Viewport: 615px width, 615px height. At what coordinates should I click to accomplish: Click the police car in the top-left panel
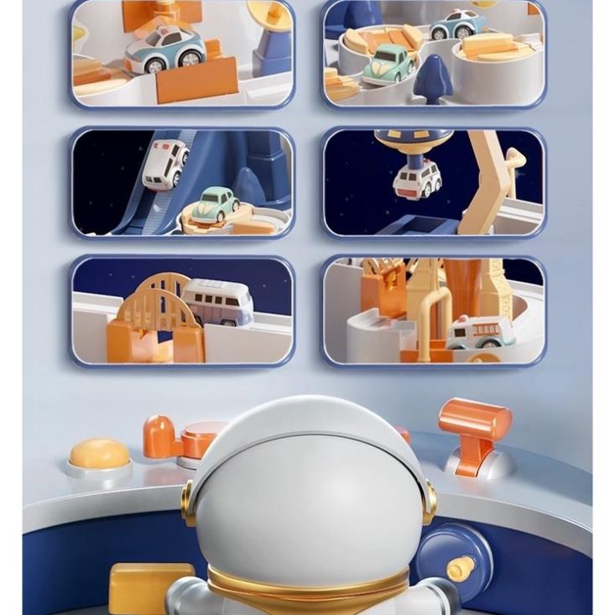[x=165, y=48]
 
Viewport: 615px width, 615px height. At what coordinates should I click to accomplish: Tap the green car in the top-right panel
[x=388, y=64]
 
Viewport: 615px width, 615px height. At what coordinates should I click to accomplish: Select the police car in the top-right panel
[x=458, y=25]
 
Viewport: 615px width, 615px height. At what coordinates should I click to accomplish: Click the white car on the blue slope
[x=165, y=164]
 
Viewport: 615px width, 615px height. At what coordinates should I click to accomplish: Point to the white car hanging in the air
[x=417, y=179]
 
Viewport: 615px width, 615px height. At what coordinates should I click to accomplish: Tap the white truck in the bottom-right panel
[x=480, y=331]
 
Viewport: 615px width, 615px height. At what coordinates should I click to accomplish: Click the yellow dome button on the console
[x=99, y=454]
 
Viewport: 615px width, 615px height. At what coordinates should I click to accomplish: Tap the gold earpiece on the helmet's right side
[x=430, y=502]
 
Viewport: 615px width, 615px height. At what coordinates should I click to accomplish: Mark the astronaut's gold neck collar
[x=307, y=584]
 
